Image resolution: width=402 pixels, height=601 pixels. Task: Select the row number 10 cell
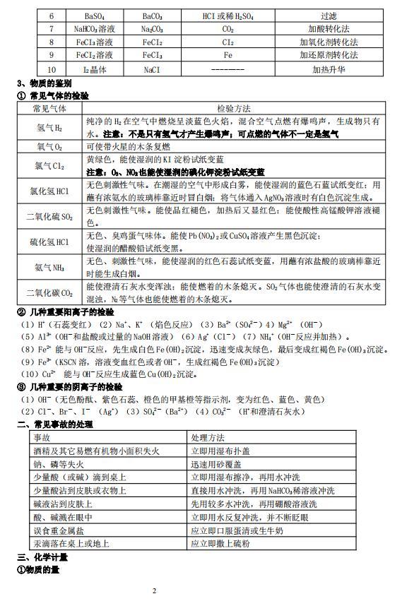(x=51, y=70)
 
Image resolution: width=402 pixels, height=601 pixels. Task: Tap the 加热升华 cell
(x=333, y=70)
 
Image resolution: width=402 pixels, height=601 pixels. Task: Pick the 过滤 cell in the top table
(x=333, y=15)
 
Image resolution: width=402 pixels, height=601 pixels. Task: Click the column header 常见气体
(x=49, y=109)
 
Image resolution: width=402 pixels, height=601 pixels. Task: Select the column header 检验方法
(x=234, y=109)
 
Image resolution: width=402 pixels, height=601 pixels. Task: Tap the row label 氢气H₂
(x=49, y=128)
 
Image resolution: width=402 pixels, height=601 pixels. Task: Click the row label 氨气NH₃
(x=49, y=268)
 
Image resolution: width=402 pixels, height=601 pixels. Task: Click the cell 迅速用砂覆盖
(x=217, y=464)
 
